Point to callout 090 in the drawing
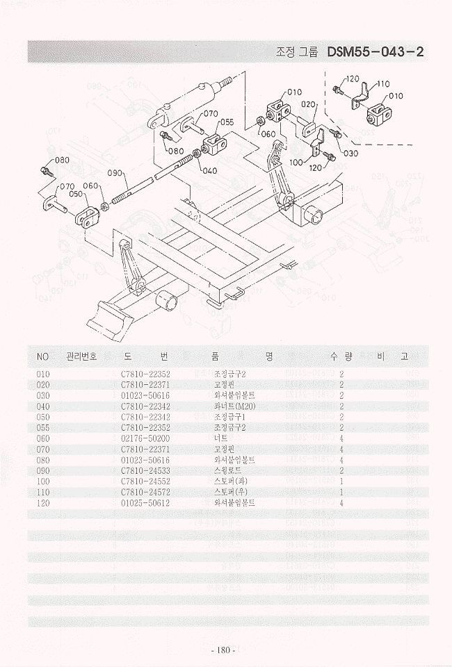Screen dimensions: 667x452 115,173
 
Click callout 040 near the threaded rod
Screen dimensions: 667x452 209,170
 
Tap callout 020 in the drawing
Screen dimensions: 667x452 309,104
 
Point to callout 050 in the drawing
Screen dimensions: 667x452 76,194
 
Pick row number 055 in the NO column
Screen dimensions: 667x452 42,428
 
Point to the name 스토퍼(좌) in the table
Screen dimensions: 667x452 232,481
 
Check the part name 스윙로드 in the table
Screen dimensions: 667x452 228,470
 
